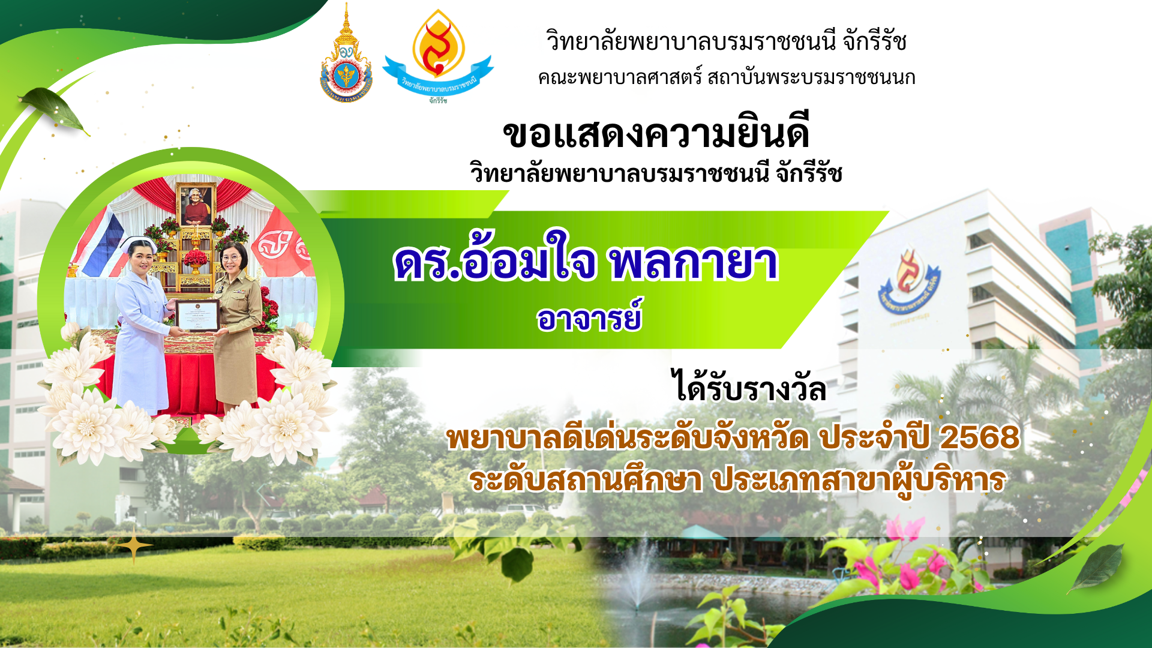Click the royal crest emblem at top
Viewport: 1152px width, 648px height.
tap(346, 54)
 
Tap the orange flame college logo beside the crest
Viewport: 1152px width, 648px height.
tap(438, 56)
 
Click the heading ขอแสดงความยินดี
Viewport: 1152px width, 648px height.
tap(656, 133)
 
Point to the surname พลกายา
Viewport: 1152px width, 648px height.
tap(694, 263)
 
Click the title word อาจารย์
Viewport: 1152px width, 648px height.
tap(589, 316)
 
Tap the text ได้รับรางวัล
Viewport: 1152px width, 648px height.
tap(749, 387)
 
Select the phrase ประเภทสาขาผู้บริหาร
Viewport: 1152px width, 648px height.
tap(859, 481)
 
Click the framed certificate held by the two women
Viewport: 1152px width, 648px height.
tap(197, 316)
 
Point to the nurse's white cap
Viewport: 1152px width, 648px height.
tap(137, 244)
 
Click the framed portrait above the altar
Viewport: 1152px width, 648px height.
tap(196, 205)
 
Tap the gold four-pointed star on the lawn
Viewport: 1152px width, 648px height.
tap(135, 545)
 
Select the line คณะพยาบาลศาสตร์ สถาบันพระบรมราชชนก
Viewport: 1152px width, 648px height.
tap(727, 77)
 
